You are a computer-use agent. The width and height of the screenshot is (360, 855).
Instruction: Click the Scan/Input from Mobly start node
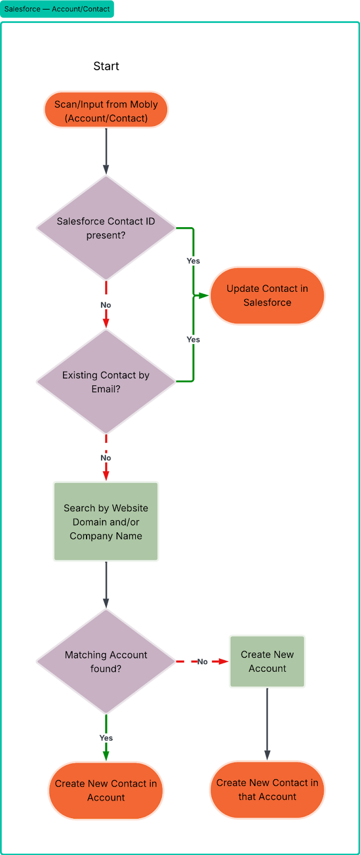click(x=106, y=111)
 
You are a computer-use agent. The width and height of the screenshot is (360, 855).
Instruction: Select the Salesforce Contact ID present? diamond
click(x=106, y=228)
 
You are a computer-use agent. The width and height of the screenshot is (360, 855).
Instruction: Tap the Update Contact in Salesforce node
click(x=267, y=296)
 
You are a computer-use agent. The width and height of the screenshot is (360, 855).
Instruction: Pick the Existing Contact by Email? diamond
click(x=106, y=382)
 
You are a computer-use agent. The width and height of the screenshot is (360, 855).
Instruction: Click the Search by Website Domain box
click(x=106, y=522)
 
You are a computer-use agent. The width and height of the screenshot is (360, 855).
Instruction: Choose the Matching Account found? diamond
click(x=106, y=662)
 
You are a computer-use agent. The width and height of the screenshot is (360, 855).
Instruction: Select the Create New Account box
click(x=267, y=662)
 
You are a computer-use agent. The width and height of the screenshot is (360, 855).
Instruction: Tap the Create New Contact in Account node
click(x=106, y=790)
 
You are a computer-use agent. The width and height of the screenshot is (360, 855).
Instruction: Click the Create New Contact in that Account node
click(x=267, y=790)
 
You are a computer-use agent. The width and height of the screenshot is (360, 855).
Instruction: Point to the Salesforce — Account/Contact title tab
click(x=57, y=9)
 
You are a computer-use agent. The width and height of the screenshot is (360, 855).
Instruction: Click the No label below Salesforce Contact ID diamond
click(x=106, y=305)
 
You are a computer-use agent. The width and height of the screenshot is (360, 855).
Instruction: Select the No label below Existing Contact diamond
click(x=106, y=457)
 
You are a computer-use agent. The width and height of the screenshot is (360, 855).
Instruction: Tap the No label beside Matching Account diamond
click(x=202, y=662)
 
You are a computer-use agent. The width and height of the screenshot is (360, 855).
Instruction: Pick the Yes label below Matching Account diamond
click(x=106, y=737)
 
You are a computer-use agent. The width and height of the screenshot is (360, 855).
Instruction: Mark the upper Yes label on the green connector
click(x=193, y=261)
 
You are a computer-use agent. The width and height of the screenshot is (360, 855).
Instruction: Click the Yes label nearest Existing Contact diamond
click(x=193, y=339)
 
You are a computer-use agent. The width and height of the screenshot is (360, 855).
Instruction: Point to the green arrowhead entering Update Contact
click(x=203, y=296)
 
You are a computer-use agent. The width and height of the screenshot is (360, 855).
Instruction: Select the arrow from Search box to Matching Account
click(x=106, y=585)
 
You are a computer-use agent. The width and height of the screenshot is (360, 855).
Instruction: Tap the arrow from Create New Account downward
click(x=267, y=724)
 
